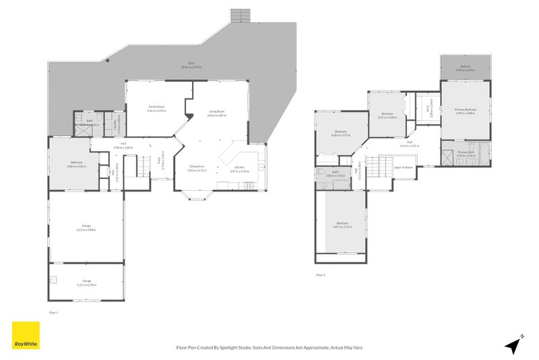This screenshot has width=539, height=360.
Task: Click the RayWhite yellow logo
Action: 26,335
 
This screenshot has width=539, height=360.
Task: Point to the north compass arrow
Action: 514,344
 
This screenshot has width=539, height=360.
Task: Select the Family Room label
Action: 156,109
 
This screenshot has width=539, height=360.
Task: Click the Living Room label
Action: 216,114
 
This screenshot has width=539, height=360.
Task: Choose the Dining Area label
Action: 197,169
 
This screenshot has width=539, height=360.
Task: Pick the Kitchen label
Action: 239,169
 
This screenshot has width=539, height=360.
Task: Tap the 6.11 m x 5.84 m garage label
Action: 86,228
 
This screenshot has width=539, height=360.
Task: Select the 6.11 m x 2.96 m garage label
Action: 86,282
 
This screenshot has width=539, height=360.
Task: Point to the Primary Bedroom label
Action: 466,111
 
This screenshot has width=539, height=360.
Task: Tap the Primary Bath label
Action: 466,154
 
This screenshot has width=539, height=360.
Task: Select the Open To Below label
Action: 403,167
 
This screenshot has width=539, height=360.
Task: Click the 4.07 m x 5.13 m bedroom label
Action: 342,224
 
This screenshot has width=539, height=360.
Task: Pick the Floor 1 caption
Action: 54,313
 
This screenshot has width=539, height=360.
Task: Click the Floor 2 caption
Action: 321,274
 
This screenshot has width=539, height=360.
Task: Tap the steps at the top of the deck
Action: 239,16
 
